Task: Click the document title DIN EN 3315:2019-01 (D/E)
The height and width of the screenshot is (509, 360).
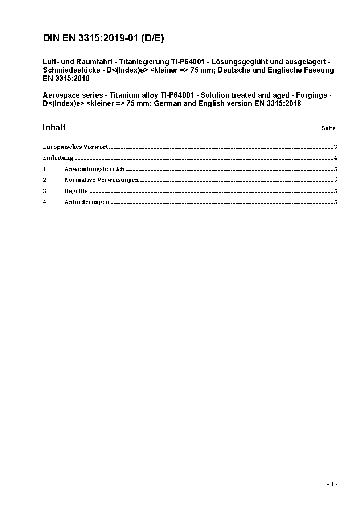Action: (x=103, y=38)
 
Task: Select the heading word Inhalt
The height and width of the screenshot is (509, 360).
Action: (x=54, y=127)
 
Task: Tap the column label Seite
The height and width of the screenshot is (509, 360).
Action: (x=328, y=128)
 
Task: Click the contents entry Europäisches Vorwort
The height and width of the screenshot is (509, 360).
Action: (x=75, y=147)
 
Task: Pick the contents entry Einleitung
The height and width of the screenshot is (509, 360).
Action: (x=58, y=158)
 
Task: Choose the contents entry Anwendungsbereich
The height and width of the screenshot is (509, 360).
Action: (x=94, y=169)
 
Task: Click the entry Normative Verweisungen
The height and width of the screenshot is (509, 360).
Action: (x=102, y=180)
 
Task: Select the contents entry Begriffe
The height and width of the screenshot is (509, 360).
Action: (x=76, y=191)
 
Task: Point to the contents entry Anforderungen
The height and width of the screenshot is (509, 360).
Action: (x=87, y=202)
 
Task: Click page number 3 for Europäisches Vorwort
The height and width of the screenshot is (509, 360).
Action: (x=336, y=147)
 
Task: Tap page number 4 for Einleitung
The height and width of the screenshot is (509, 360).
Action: (x=336, y=158)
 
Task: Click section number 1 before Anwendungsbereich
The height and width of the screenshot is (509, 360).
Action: (x=45, y=169)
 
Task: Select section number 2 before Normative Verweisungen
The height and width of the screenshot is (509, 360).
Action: (x=45, y=180)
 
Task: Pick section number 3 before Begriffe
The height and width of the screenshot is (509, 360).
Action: (x=45, y=191)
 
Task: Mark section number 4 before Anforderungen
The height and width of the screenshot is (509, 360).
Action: (x=45, y=202)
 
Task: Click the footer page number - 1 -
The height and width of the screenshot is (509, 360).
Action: (x=332, y=484)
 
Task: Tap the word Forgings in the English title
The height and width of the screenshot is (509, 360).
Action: (x=312, y=95)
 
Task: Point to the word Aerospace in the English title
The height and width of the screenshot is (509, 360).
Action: (x=60, y=95)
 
